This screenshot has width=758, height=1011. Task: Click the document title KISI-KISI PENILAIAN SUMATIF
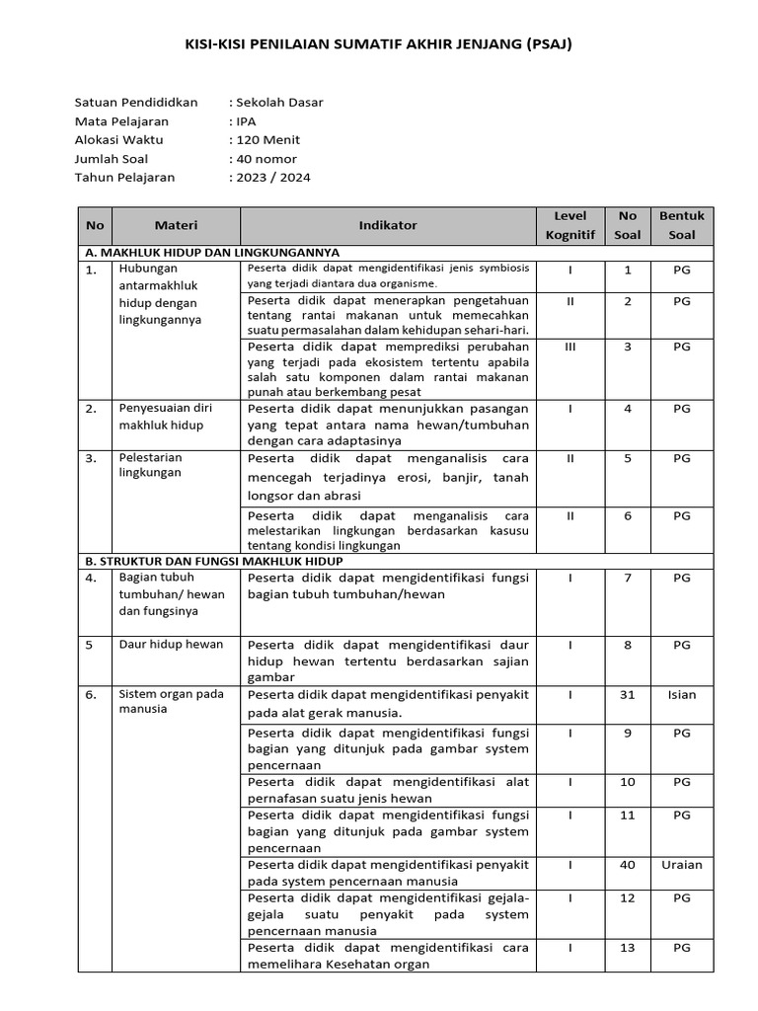click(x=379, y=44)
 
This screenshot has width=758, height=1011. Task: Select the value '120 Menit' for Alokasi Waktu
click(x=266, y=140)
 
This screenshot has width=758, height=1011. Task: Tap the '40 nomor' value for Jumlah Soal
click(x=265, y=159)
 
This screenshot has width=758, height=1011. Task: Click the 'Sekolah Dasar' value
click(x=277, y=103)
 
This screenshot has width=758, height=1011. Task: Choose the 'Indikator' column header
click(x=387, y=225)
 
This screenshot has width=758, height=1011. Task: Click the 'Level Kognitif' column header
click(x=570, y=225)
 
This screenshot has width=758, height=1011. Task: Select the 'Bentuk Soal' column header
click(x=682, y=225)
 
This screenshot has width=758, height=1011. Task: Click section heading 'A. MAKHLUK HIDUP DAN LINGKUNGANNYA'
click(x=214, y=252)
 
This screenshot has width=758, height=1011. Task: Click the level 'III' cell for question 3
click(x=570, y=348)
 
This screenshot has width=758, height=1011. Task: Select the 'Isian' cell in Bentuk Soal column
click(x=682, y=695)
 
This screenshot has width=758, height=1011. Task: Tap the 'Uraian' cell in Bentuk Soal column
click(x=682, y=865)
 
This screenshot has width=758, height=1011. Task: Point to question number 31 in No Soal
click(x=628, y=695)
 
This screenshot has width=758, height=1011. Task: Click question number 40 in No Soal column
click(x=628, y=865)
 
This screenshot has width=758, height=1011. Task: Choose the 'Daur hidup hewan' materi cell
click(x=171, y=645)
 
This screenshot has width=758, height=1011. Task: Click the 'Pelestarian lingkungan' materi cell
click(x=151, y=465)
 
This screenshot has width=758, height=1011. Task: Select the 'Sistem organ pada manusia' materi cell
click(x=171, y=701)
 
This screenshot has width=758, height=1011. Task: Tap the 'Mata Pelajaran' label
click(x=121, y=121)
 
